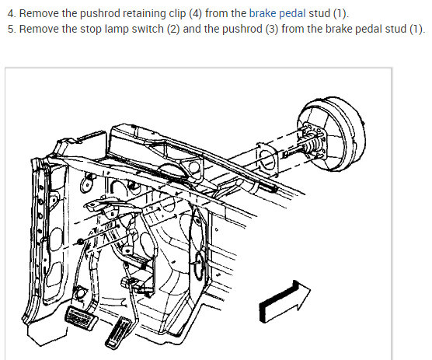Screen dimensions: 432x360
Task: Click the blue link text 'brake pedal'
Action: (x=277, y=13)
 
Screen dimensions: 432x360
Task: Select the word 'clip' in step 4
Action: (x=178, y=14)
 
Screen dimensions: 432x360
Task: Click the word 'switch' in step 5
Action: (x=148, y=29)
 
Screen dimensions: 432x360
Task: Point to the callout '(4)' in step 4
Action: (x=196, y=14)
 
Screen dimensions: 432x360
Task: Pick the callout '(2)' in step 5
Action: (x=173, y=30)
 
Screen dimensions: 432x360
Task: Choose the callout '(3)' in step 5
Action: (x=272, y=30)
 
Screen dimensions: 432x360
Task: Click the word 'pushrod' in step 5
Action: (x=242, y=30)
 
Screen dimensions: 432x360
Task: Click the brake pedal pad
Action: (x=82, y=317)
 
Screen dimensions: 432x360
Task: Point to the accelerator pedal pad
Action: (x=118, y=333)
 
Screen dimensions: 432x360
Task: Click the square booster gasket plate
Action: (x=267, y=159)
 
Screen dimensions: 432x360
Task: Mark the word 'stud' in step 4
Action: (x=319, y=13)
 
